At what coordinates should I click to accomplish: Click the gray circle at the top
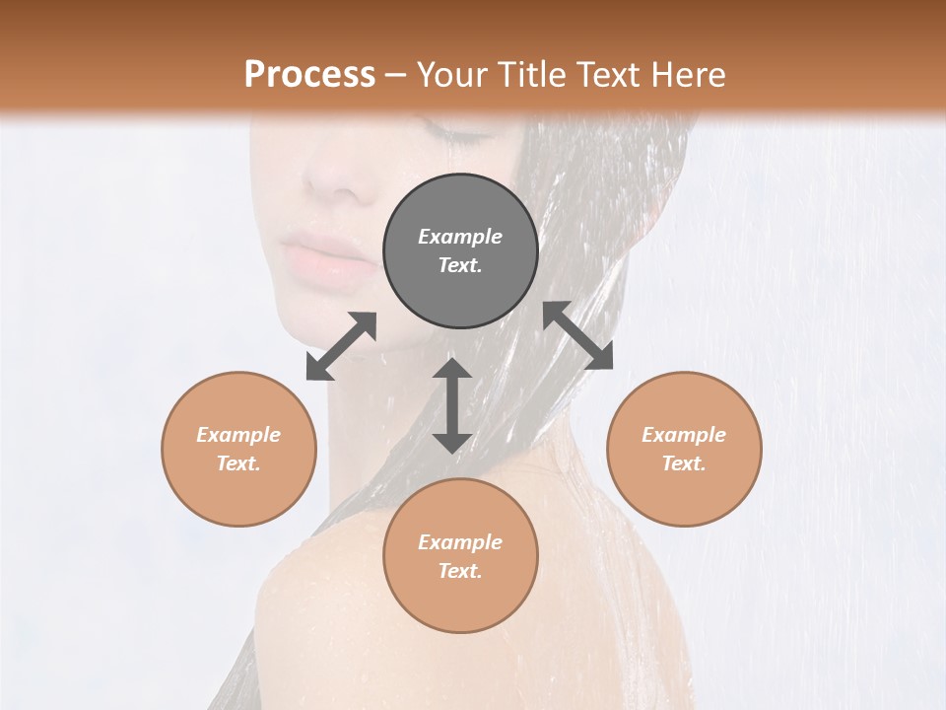tap(460, 251)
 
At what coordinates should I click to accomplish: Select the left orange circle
tap(238, 449)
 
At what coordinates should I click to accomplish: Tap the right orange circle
tap(684, 449)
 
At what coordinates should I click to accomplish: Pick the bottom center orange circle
tap(460, 556)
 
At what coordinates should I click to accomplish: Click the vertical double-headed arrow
tap(452, 405)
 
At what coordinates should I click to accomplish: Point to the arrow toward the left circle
tap(341, 346)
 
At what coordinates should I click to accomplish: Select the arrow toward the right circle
tap(578, 335)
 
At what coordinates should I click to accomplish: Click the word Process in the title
tap(309, 74)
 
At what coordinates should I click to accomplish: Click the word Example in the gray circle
tap(460, 237)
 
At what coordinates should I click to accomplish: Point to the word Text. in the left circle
tap(238, 463)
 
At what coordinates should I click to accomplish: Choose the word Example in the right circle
tap(684, 435)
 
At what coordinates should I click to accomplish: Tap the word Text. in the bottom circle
tap(460, 571)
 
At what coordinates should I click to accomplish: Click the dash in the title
tap(396, 74)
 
